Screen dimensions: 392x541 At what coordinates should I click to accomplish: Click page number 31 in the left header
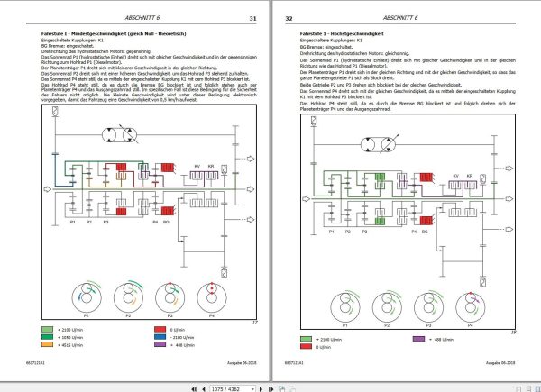(253, 17)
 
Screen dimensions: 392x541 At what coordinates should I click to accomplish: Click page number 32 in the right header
(289, 17)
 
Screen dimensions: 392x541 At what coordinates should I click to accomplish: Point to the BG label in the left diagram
(166, 222)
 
